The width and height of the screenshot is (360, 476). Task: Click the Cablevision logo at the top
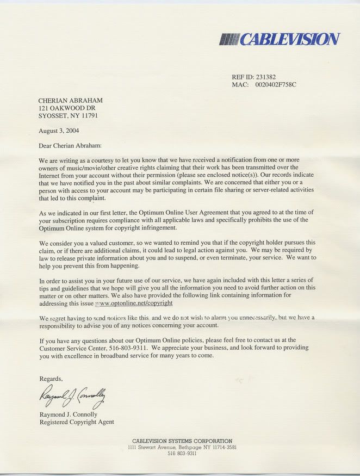[x=280, y=39]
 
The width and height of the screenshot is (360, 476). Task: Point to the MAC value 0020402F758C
[x=276, y=85]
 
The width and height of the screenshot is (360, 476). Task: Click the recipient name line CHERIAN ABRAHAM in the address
[x=71, y=101]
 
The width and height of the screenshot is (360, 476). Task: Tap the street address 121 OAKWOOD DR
[x=67, y=108]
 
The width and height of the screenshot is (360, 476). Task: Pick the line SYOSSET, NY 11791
[x=69, y=116]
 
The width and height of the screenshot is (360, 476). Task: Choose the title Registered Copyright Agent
[x=77, y=422]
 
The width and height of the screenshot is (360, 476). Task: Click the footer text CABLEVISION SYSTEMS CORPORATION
[x=182, y=441]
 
